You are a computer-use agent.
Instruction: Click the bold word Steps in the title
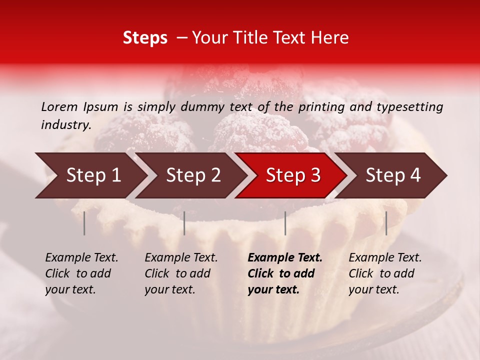tap(145, 38)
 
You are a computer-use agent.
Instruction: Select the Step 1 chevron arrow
tap(90, 175)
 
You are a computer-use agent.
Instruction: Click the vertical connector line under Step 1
tap(84, 223)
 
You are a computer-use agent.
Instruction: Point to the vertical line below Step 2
tap(184, 223)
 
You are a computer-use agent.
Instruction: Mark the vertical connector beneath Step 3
tap(285, 223)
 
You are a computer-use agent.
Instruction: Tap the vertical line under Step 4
tap(386, 223)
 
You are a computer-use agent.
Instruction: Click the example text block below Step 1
tap(81, 273)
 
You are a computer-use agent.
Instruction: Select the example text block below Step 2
tap(180, 273)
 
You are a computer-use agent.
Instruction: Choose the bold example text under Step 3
tap(284, 273)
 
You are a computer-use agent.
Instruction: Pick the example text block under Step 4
tap(384, 273)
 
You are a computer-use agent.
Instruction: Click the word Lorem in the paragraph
tap(59, 106)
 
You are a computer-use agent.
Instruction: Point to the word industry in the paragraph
tap(65, 124)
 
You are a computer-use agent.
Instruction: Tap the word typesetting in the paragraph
tap(410, 107)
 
